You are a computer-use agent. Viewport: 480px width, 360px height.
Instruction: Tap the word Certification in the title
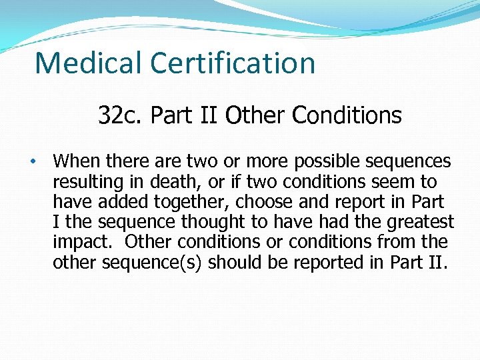point(233,63)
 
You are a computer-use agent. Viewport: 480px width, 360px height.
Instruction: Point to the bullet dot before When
point(31,162)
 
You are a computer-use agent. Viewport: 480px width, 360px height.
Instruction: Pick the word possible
point(326,162)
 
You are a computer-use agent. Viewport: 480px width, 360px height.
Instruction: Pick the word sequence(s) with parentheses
point(151,262)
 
